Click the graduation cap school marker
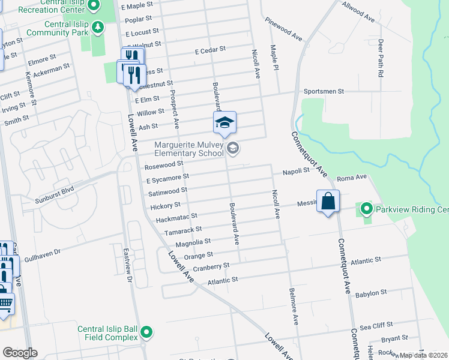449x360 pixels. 224,123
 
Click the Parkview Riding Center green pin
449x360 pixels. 366,209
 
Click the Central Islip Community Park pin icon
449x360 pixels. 98,27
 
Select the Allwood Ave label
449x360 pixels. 358,12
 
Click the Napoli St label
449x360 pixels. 297,171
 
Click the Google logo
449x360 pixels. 20,353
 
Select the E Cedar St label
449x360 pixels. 210,50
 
